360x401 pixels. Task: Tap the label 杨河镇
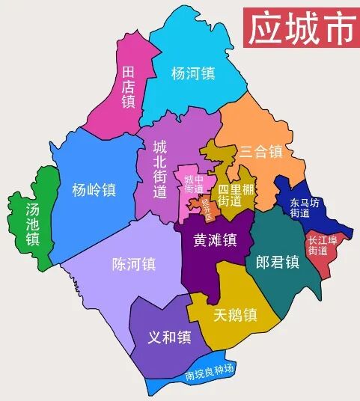point(193,73)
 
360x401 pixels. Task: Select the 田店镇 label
point(128,86)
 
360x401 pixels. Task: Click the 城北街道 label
point(159,168)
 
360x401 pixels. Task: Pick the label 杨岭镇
point(94,189)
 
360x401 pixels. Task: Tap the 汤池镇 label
point(32,224)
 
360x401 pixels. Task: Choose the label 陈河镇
point(133,264)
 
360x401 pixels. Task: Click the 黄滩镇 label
point(215,240)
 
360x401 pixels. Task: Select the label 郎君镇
point(277,262)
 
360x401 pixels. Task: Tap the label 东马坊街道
point(304,207)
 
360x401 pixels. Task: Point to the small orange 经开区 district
point(203,206)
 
